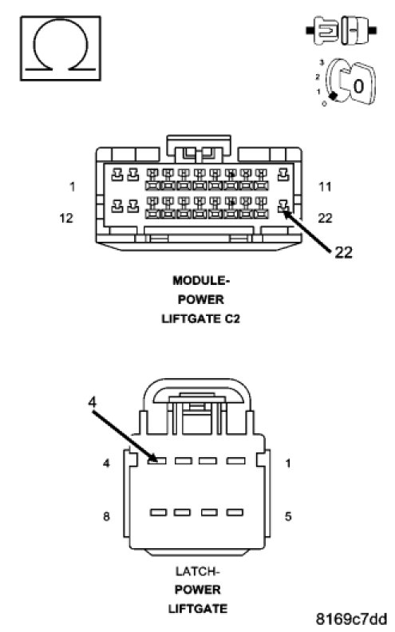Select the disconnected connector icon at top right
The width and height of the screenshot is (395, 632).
tap(342, 30)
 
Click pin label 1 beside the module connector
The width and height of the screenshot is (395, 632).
tap(72, 187)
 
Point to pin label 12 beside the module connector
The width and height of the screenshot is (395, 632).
tap(66, 218)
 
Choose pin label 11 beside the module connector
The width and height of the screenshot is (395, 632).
tap(325, 187)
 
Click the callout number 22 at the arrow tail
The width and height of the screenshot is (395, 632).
tap(343, 253)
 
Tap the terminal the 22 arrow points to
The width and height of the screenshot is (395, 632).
tap(284, 207)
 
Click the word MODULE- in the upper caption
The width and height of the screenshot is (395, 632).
tap(201, 281)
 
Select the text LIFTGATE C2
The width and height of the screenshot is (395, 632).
tap(201, 319)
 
